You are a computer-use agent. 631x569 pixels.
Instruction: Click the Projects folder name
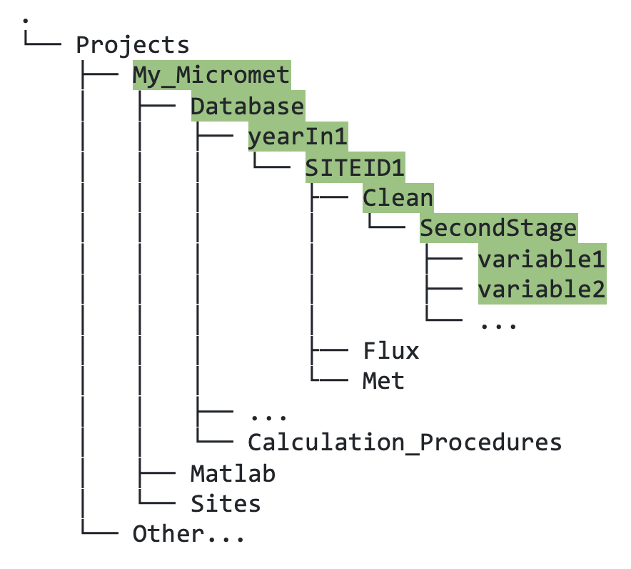[x=133, y=44]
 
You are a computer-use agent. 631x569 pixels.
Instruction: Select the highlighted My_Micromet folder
[x=211, y=75]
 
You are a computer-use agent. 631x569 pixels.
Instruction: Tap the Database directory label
[x=247, y=106]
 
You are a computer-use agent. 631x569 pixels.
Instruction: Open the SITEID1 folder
[x=355, y=167]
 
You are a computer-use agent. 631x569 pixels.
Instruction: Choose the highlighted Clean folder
[x=398, y=198]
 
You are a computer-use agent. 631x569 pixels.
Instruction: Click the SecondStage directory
[x=498, y=229]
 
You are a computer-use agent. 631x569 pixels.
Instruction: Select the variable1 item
[x=541, y=259]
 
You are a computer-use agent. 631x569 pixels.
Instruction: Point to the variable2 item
[x=541, y=290]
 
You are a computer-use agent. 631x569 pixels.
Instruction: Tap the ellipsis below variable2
[x=498, y=323]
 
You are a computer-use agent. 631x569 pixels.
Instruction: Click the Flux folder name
[x=390, y=351]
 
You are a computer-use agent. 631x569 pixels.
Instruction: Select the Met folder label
[x=383, y=381]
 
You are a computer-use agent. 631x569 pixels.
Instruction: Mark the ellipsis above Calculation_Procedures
[x=268, y=415]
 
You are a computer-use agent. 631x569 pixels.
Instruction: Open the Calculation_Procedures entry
[x=405, y=442]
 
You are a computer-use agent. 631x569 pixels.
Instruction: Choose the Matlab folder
[x=233, y=473]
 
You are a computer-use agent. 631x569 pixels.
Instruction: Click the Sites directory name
[x=226, y=504]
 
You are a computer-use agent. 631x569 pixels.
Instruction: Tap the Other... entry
[x=188, y=534]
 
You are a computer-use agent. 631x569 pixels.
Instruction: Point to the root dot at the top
[x=26, y=17]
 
